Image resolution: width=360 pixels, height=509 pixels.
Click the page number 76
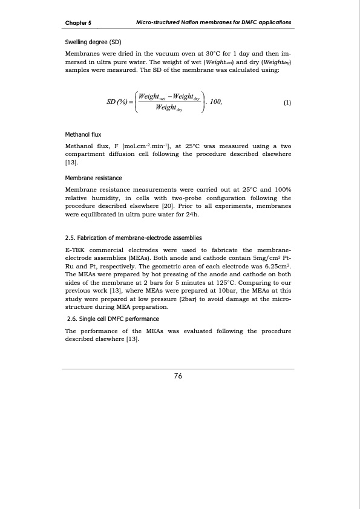pyautogui.click(x=178, y=376)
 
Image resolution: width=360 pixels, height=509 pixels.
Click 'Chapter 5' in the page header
pyautogui.click(x=78, y=23)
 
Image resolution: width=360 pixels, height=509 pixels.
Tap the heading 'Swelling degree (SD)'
pyautogui.click(x=94, y=43)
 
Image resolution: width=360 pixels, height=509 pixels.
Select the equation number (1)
pyautogui.click(x=287, y=102)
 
